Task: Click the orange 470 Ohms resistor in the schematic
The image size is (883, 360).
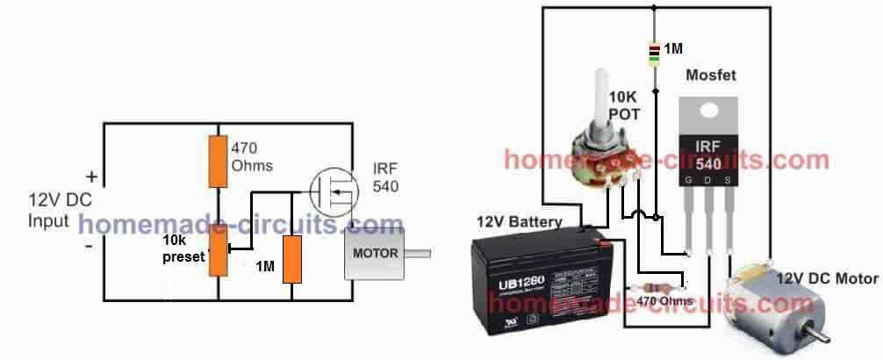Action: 219,162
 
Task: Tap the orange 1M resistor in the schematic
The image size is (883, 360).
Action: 291,258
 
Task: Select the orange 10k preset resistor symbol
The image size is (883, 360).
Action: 219,248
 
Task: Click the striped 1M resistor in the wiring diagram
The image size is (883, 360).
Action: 654,54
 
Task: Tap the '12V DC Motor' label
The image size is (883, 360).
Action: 825,278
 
